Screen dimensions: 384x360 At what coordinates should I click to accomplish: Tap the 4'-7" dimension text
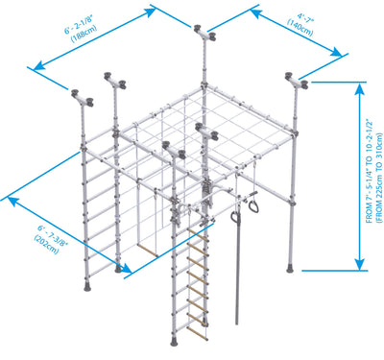[305, 17]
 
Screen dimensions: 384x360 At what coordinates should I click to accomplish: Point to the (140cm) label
[300, 28]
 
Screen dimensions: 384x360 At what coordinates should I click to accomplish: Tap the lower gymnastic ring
[235, 218]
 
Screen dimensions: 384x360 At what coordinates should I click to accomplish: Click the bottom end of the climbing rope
[237, 324]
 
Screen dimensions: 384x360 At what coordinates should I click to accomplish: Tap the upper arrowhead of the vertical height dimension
[360, 89]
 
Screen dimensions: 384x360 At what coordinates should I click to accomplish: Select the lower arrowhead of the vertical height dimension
[360, 264]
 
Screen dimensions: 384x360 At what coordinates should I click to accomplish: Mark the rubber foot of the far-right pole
[290, 268]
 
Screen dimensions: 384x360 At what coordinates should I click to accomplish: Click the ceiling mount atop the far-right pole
[297, 82]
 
